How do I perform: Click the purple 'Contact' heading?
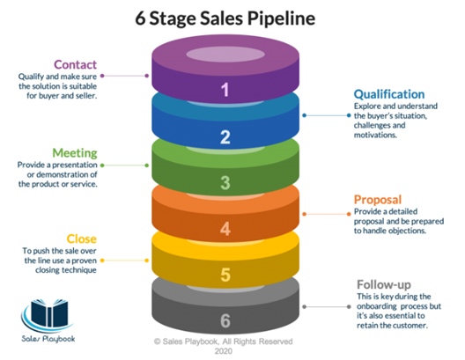[x=75, y=64]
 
